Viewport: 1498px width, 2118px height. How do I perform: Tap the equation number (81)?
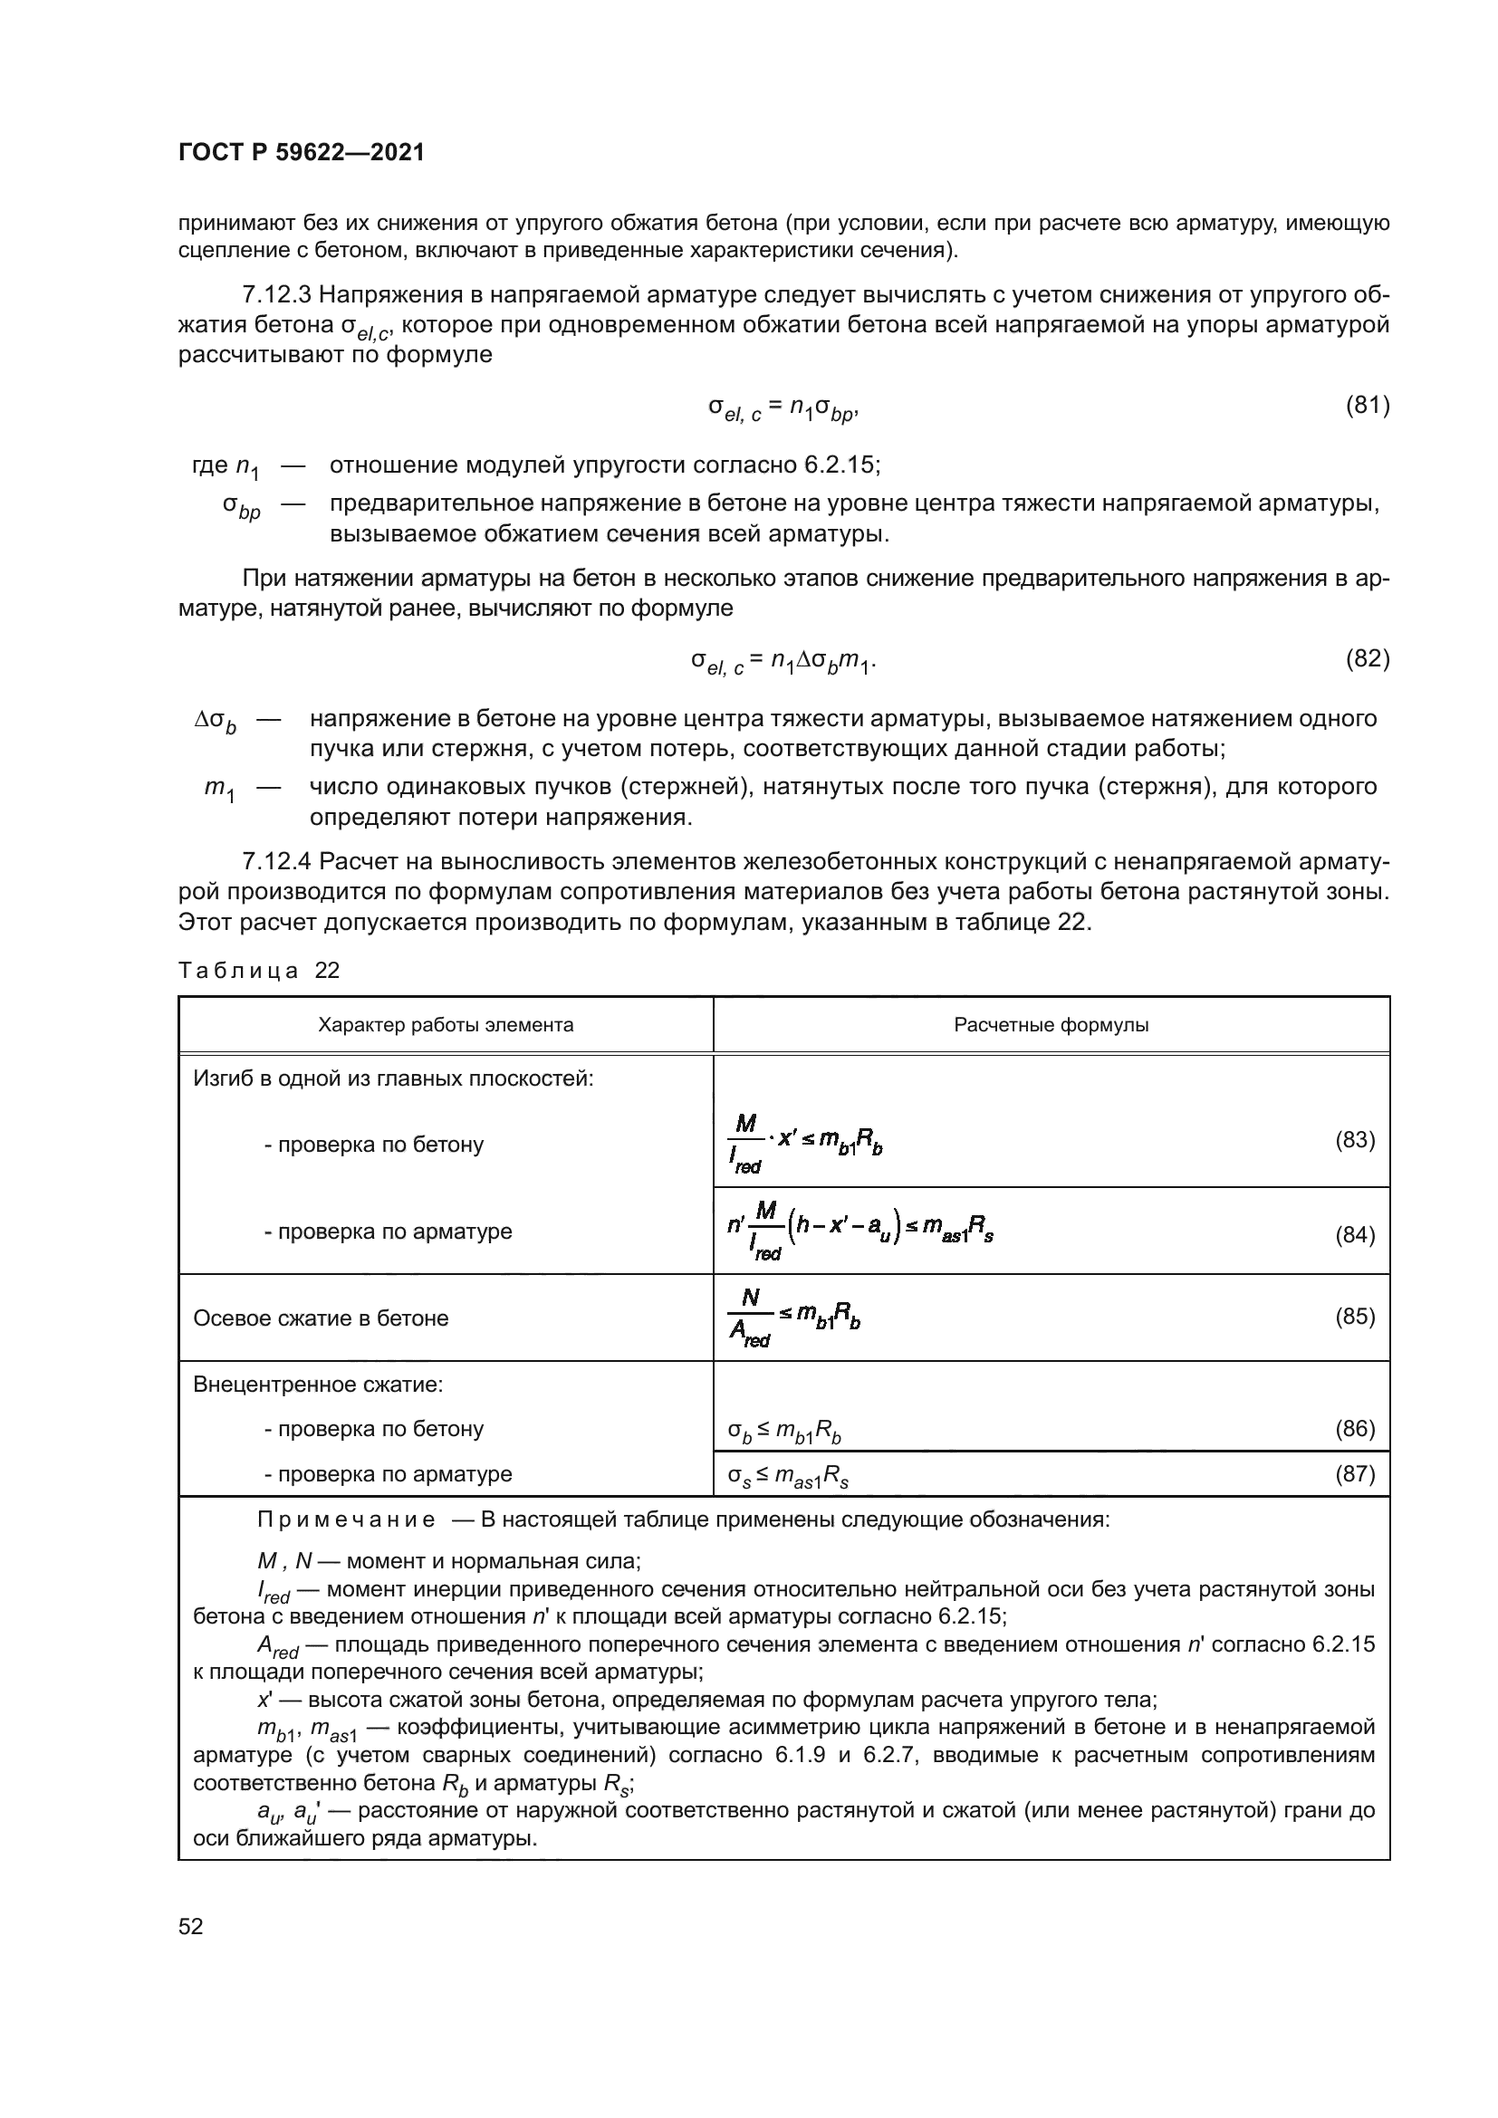(1367, 405)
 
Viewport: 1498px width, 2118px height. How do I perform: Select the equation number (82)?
(1367, 658)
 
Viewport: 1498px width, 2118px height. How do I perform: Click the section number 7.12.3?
(277, 295)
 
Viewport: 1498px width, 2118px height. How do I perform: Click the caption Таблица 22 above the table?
(259, 971)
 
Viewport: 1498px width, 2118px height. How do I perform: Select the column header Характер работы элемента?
(446, 1025)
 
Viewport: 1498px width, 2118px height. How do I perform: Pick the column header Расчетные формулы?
(1051, 1025)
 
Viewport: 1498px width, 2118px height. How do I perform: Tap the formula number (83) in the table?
(1355, 1140)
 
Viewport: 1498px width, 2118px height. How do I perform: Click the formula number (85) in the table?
(1355, 1317)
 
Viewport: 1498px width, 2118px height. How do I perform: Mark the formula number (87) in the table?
(1355, 1474)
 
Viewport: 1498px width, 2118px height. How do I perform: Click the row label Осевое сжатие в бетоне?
(321, 1318)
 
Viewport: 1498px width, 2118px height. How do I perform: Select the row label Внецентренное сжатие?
(318, 1385)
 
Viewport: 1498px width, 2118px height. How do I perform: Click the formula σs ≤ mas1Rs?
(788, 1477)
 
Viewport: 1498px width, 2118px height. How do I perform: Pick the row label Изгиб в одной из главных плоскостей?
(393, 1078)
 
